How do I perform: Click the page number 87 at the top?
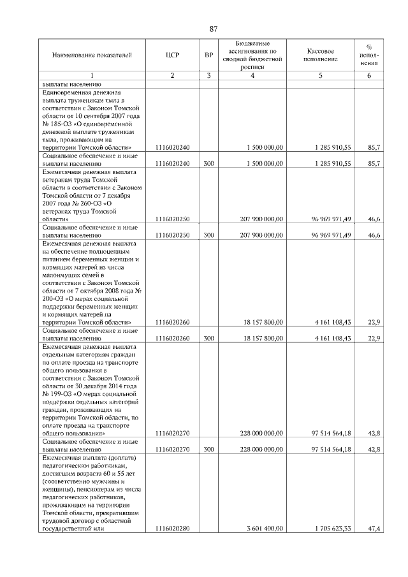pos(214,29)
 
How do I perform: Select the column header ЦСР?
pos(172,55)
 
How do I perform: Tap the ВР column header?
pos(208,55)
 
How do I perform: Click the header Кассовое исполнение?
pos(320,55)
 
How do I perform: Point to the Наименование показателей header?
pos(92,55)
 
